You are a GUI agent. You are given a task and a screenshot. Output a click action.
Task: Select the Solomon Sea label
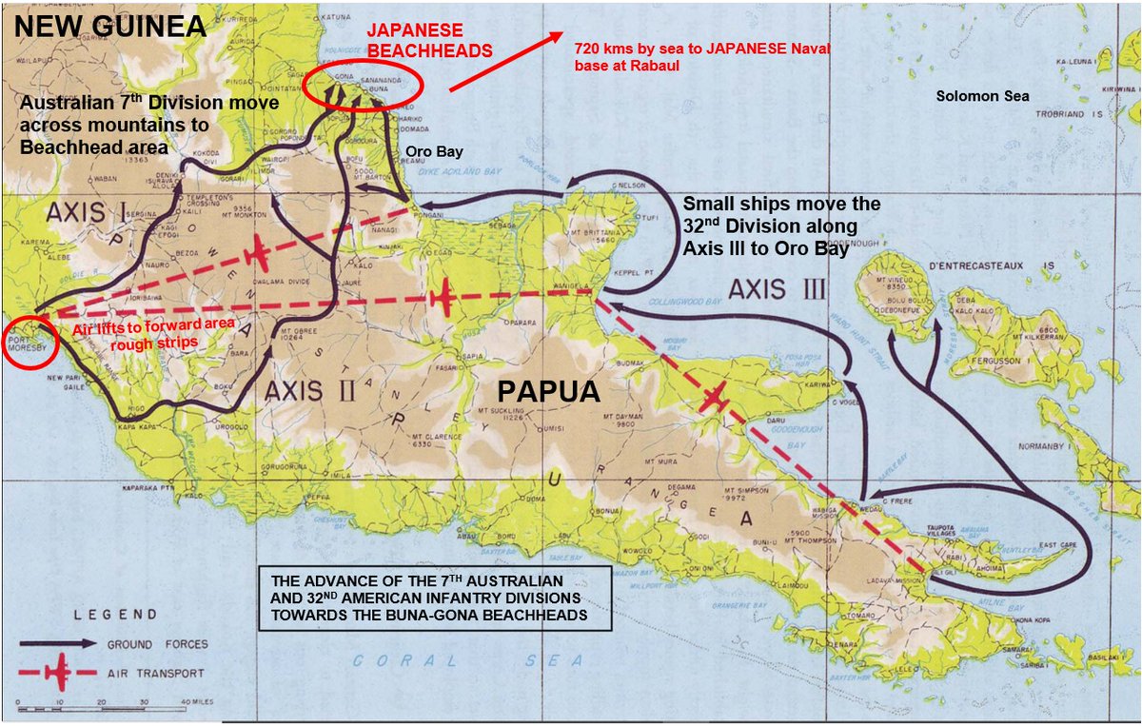click(982, 96)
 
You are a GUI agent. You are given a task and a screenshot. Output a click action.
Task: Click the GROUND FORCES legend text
click(157, 644)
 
